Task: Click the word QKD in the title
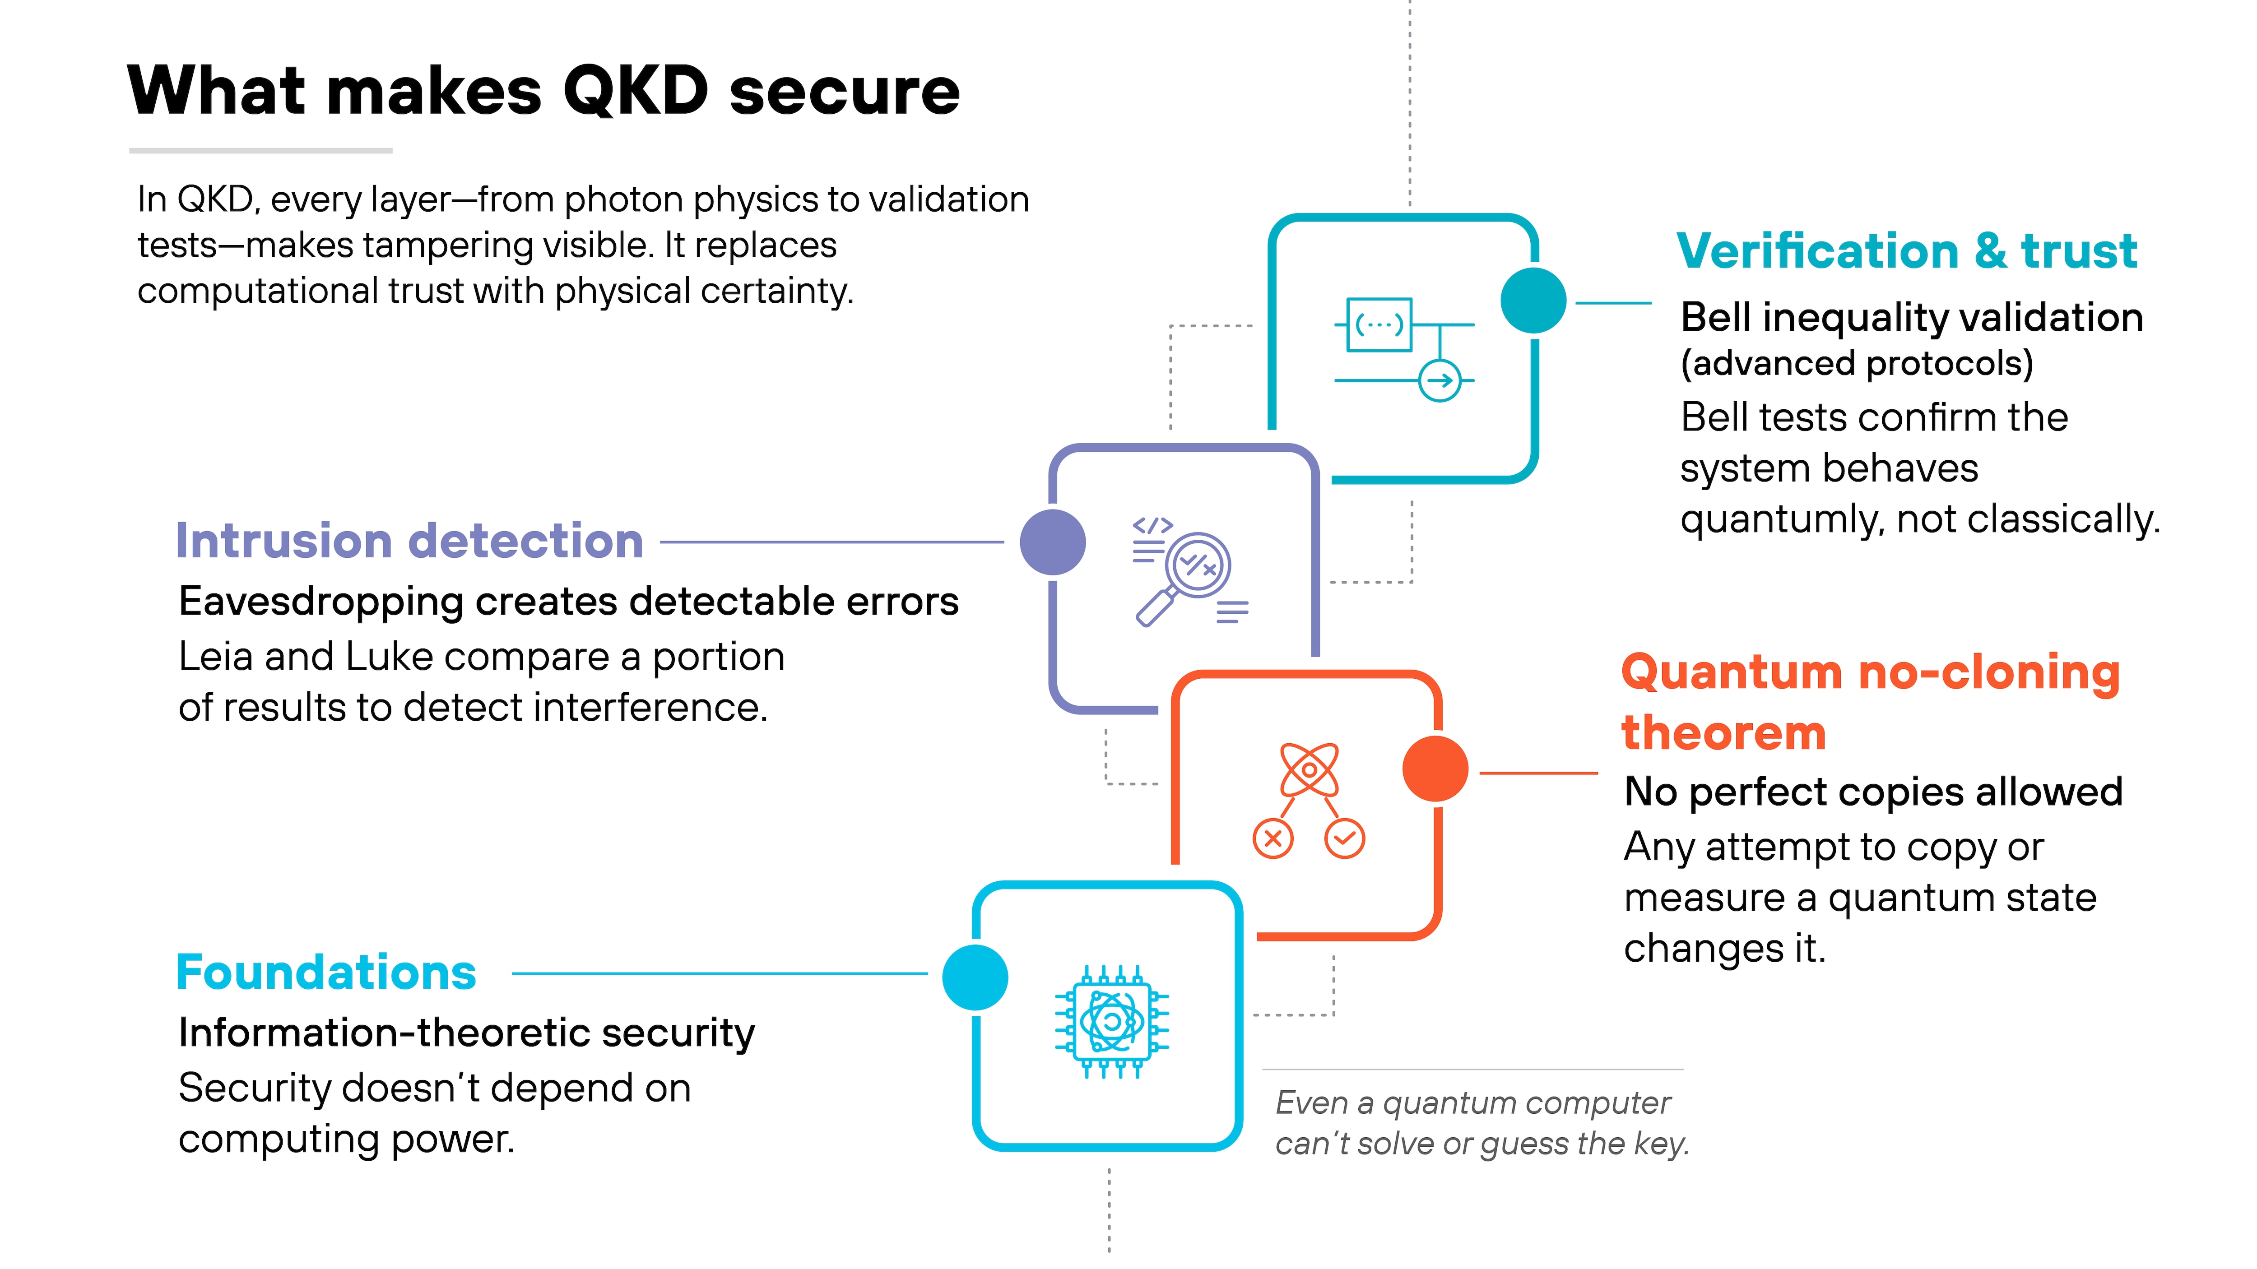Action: click(x=635, y=91)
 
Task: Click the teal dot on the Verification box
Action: click(x=1533, y=301)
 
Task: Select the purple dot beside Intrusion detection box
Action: click(x=1053, y=542)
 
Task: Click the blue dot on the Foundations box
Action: click(x=975, y=977)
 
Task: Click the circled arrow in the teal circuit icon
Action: click(x=1440, y=380)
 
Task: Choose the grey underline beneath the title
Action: click(x=260, y=151)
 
